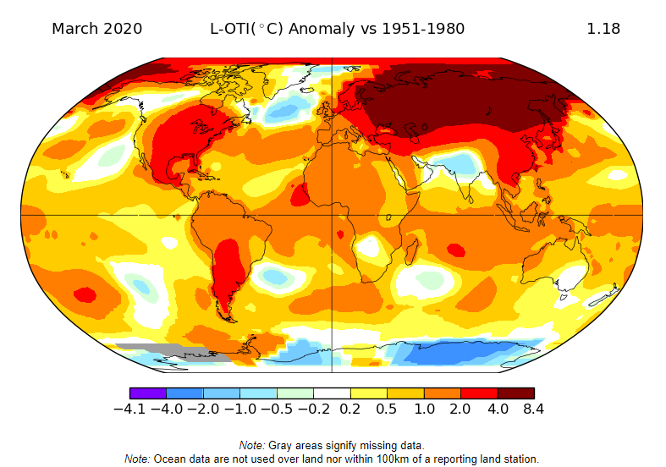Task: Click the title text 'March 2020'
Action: click(x=96, y=29)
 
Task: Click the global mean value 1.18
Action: click(x=603, y=29)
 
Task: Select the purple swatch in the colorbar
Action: click(x=147, y=393)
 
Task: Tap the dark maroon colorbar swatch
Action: click(x=515, y=393)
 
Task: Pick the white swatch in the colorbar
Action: click(x=332, y=393)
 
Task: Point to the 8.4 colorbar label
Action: click(x=533, y=409)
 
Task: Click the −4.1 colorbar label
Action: click(x=129, y=409)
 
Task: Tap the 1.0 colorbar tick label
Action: click(x=424, y=409)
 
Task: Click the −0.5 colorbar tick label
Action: click(x=276, y=409)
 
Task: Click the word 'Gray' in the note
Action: click(x=284, y=445)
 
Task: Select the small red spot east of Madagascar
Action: click(x=454, y=250)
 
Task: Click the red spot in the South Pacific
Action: click(x=85, y=294)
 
